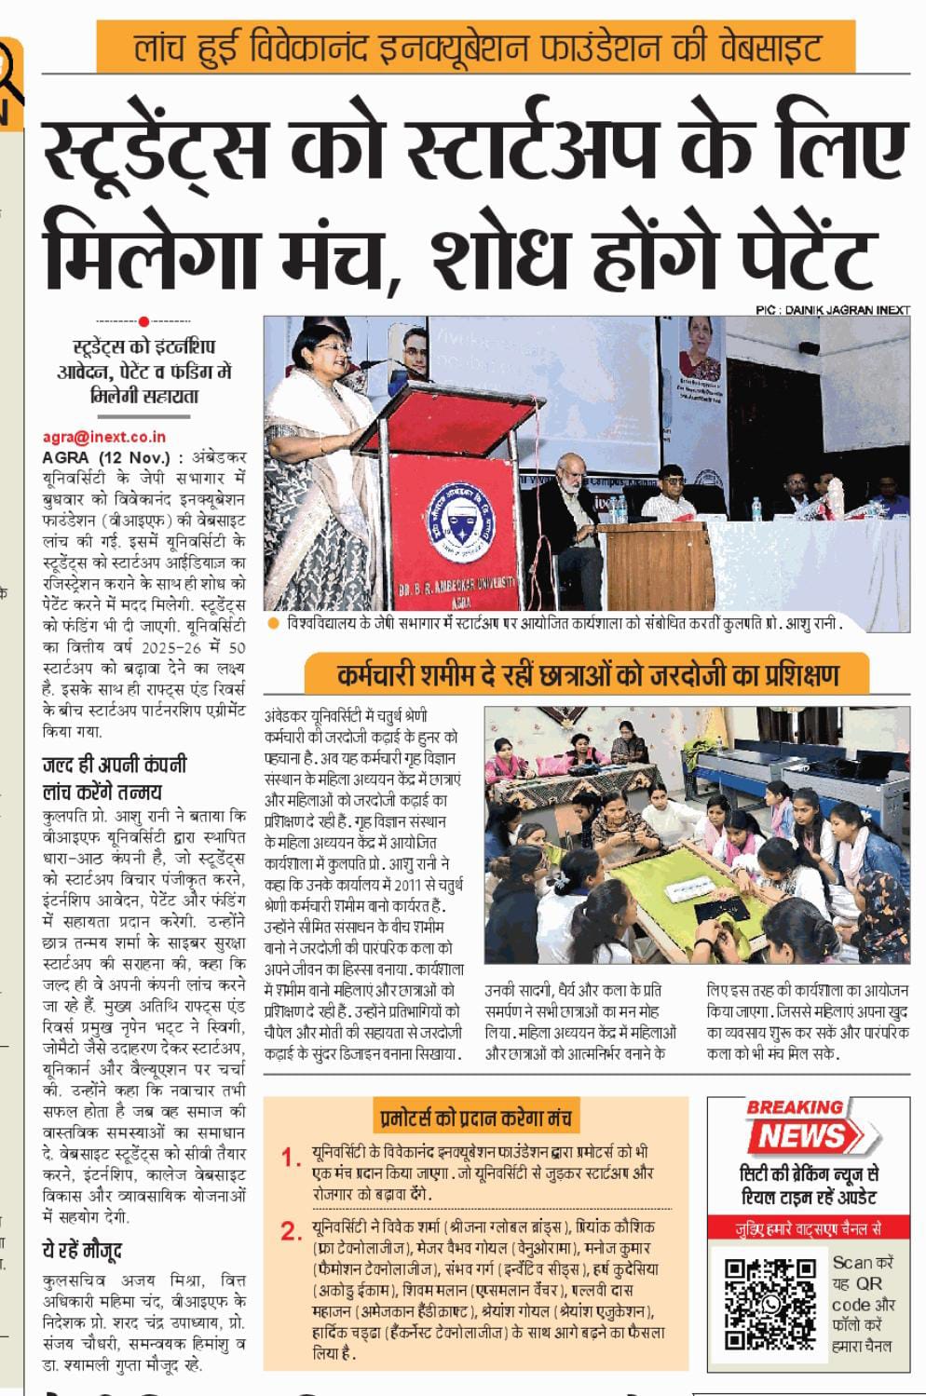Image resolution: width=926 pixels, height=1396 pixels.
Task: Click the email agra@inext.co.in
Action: tap(104, 436)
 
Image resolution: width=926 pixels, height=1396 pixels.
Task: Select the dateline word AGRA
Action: tap(66, 457)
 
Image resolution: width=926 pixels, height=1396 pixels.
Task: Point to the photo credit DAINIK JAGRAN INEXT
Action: tap(832, 310)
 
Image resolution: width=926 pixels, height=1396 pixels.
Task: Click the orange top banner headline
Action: tap(476, 47)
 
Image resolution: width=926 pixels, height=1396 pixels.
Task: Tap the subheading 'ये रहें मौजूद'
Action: tap(83, 1250)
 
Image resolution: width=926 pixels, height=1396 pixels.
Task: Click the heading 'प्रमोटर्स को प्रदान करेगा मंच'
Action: tap(475, 1117)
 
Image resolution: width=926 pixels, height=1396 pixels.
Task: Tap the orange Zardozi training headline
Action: tap(588, 674)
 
